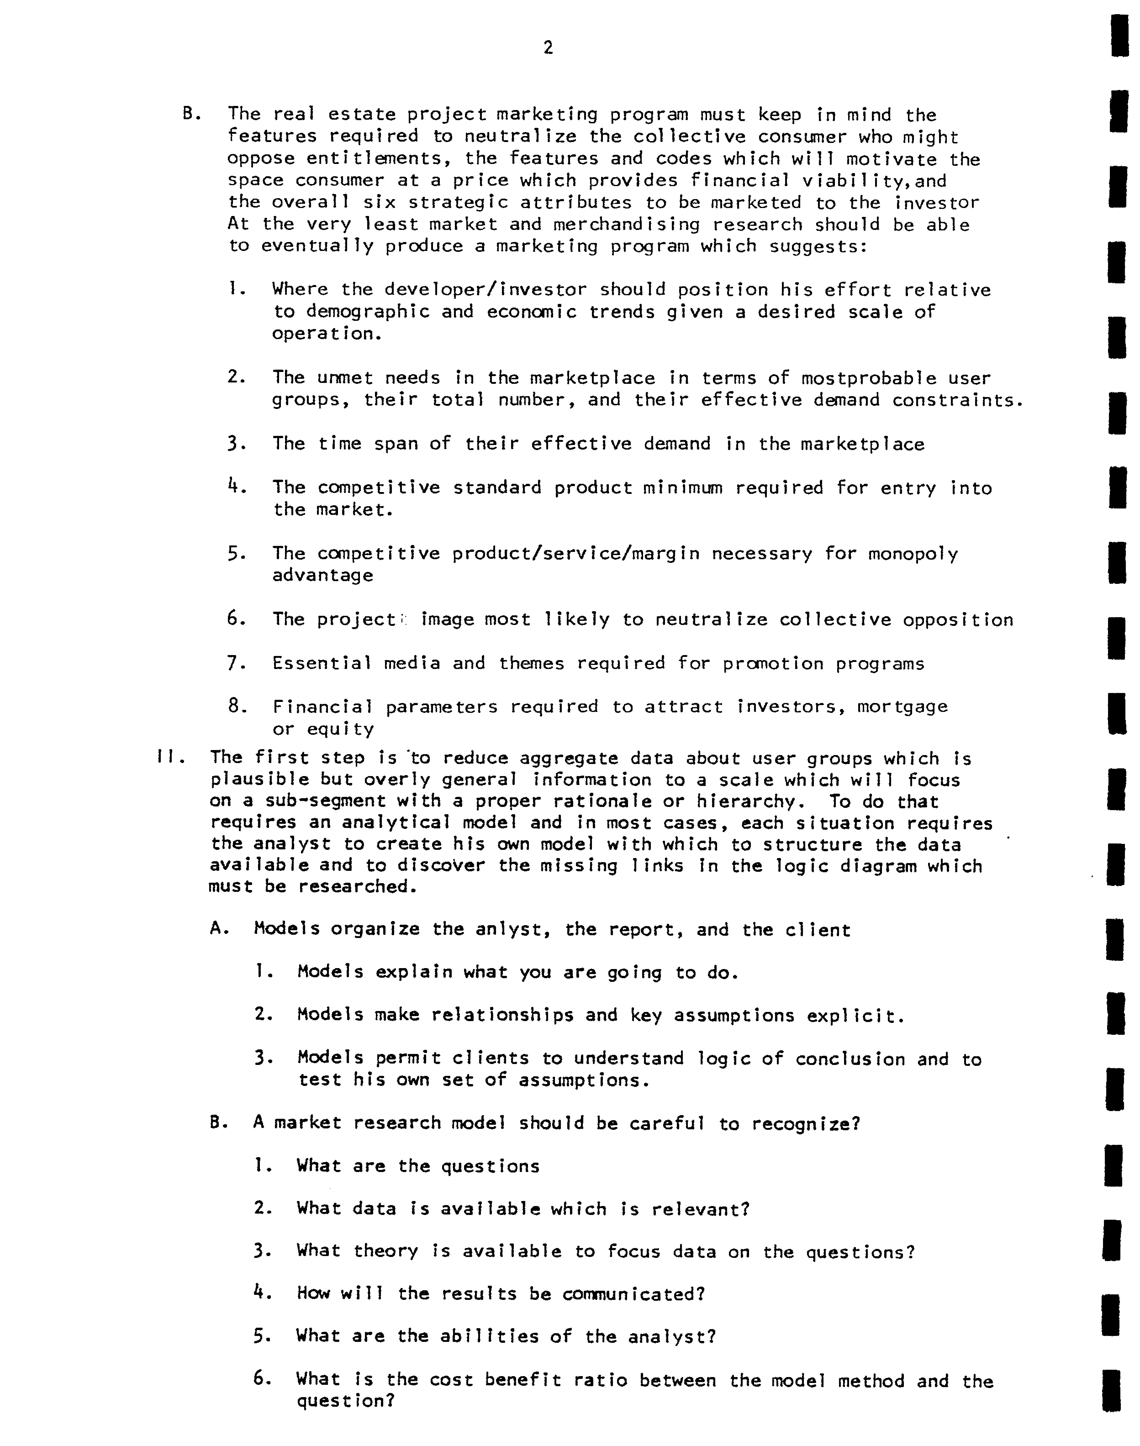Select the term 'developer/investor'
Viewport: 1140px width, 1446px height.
485,290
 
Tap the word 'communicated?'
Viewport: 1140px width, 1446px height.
633,1294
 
